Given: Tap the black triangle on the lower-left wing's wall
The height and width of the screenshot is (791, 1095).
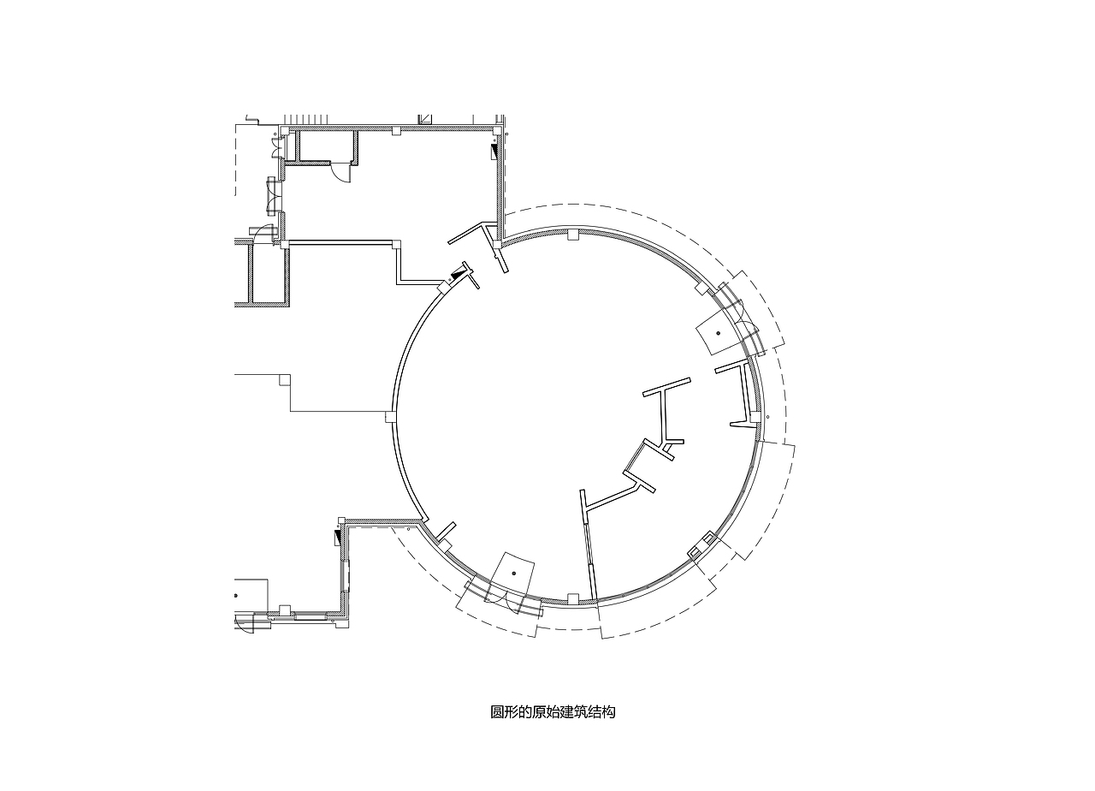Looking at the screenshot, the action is [337, 538].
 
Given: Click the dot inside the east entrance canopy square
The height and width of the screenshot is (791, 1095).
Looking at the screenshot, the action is [718, 333].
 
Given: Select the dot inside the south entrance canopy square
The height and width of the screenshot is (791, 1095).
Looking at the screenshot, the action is [514, 573].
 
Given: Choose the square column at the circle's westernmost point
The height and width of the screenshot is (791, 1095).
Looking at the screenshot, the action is [390, 417].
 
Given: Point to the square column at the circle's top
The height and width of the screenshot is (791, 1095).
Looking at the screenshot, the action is [573, 235].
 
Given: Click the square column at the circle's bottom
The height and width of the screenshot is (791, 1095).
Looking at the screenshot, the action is [573, 598].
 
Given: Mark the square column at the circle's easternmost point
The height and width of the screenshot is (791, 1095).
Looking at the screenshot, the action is [755, 417].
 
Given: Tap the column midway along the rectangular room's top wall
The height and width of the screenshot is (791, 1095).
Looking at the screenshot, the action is [396, 130].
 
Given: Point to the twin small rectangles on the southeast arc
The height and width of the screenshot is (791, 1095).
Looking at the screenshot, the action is [701, 546].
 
